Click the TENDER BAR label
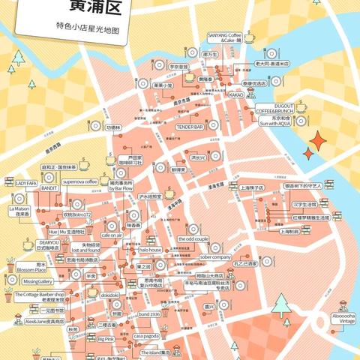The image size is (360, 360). click(190, 127)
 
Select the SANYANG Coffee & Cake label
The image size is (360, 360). click(224, 37)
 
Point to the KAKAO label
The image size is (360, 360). click(236, 95)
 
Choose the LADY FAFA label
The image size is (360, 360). click(27, 182)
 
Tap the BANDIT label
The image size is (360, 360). click(49, 188)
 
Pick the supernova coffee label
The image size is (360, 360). click(80, 181)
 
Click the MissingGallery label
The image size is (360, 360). click(37, 281)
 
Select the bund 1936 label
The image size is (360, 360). click(150, 314)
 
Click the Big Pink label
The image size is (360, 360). click(106, 339)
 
